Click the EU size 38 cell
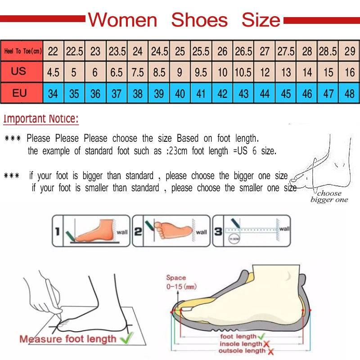coord(138,94)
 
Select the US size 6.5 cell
coord(117,72)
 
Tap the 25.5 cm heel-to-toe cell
coord(201,51)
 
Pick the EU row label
coord(20,94)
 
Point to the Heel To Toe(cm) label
coord(22,51)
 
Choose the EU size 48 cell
coord(350,94)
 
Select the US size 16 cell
coord(350,72)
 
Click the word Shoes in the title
coord(199,20)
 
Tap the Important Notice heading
coord(41,119)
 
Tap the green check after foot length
coord(261,336)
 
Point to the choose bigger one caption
coord(329,197)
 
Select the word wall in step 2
coord(201,232)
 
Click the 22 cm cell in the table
coord(53,51)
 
